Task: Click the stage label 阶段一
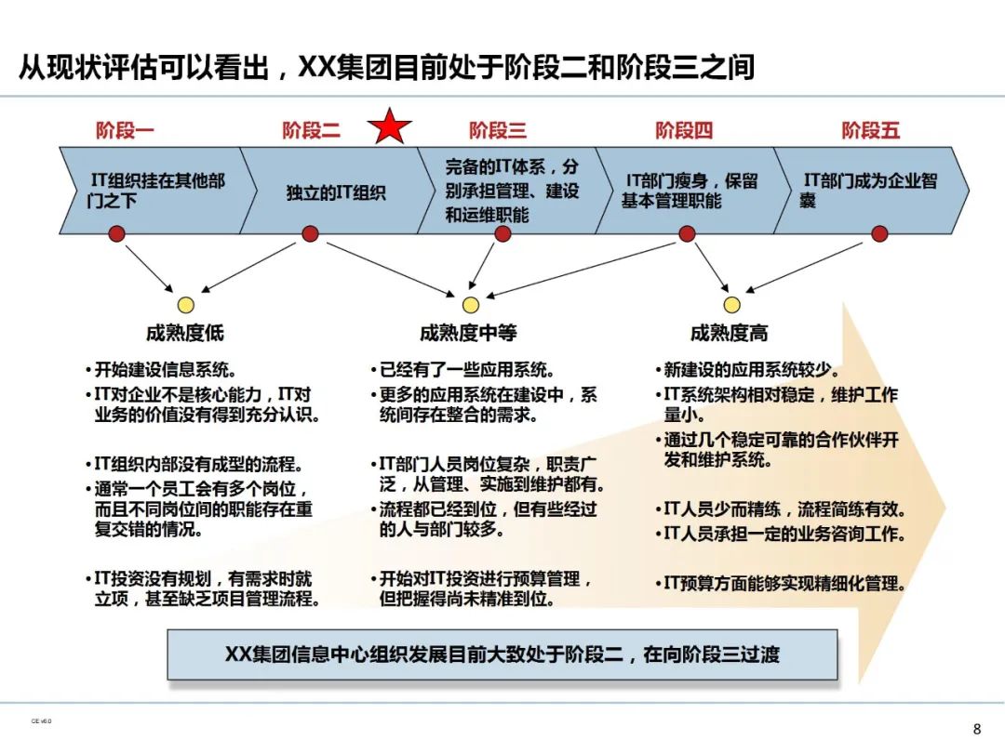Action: coord(125,130)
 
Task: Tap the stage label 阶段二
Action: coord(311,130)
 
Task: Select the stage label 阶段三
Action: coord(498,130)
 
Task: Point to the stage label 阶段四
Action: coord(684,130)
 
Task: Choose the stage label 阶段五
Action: coord(871,130)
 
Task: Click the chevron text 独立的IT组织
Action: coord(336,193)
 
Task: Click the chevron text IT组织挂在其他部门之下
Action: coord(155,191)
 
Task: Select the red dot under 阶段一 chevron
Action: coord(116,234)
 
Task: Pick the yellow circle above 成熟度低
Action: coord(185,305)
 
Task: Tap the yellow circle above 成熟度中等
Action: coord(471,305)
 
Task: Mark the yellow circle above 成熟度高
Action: coord(731,305)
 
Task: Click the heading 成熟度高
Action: coord(729,333)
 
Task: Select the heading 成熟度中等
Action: coord(467,333)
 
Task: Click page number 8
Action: coord(976,729)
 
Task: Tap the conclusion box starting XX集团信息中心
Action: coord(502,654)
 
